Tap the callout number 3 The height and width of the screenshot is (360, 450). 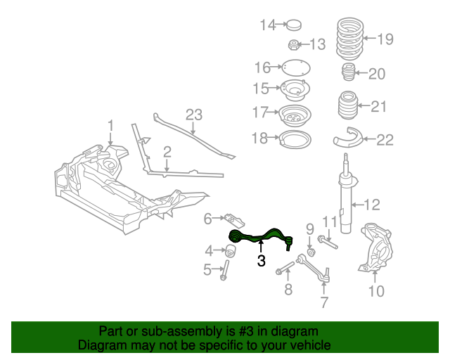click(x=261, y=262)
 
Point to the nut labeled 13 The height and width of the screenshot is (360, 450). click(x=294, y=46)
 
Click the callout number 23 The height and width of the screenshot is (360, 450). click(x=193, y=115)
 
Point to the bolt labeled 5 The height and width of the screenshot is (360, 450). click(x=224, y=269)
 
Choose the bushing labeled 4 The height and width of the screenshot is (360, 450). click(x=231, y=250)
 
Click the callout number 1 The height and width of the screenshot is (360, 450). click(x=110, y=126)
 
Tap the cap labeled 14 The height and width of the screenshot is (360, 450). click(x=293, y=26)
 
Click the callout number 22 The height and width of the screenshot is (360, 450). click(x=385, y=140)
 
